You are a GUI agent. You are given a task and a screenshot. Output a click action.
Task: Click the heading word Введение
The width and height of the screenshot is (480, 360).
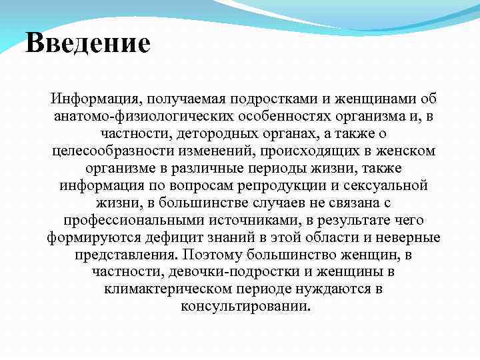[x=88, y=44]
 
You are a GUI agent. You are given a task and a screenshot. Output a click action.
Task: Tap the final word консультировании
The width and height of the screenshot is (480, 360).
[x=245, y=307]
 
